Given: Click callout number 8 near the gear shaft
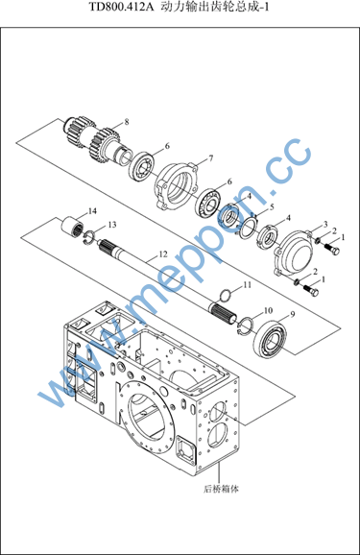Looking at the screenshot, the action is tap(127, 122).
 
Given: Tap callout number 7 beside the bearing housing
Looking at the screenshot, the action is tap(211, 158).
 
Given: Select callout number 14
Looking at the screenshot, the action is tap(92, 211).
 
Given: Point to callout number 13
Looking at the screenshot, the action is tap(112, 225).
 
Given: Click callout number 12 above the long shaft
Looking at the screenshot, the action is tap(163, 254).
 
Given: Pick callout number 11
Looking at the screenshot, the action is tap(247, 284).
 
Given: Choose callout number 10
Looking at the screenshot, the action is tap(268, 310).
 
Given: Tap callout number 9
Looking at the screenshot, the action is tap(293, 314).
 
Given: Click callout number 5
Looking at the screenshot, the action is tap(272, 207).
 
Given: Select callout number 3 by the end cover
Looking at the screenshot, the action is tap(325, 225).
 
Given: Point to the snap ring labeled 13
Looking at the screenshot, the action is tap(89, 237).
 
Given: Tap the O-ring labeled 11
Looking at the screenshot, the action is tap(227, 295).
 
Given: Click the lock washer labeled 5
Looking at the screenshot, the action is tap(249, 229).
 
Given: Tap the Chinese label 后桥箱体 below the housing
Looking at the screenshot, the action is tap(221, 490).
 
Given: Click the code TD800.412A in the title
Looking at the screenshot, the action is tap(121, 7).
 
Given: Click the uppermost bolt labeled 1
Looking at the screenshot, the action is tap(332, 249).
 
